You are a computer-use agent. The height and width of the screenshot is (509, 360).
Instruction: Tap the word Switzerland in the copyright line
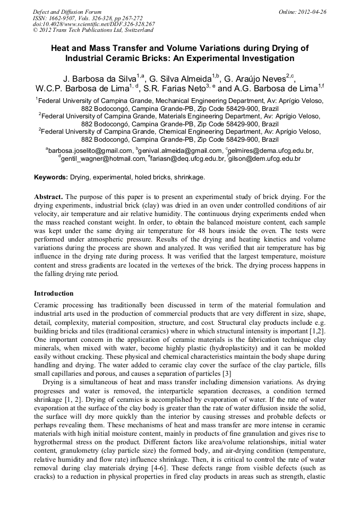(133, 31)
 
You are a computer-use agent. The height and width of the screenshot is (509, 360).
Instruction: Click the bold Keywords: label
(53, 177)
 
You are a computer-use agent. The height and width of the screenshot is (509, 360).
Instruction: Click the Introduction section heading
(54, 294)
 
